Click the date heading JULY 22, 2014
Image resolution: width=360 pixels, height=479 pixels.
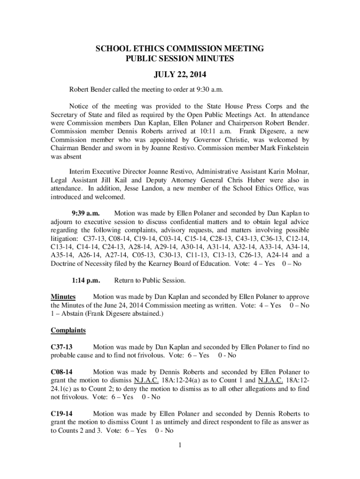(x=180, y=74)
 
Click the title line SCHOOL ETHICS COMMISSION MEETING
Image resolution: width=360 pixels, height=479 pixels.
(x=180, y=49)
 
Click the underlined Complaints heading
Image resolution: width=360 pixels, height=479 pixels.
(x=68, y=331)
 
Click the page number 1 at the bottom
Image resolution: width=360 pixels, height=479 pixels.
(x=180, y=444)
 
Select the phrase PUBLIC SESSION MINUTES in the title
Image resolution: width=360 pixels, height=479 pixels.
(x=180, y=59)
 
